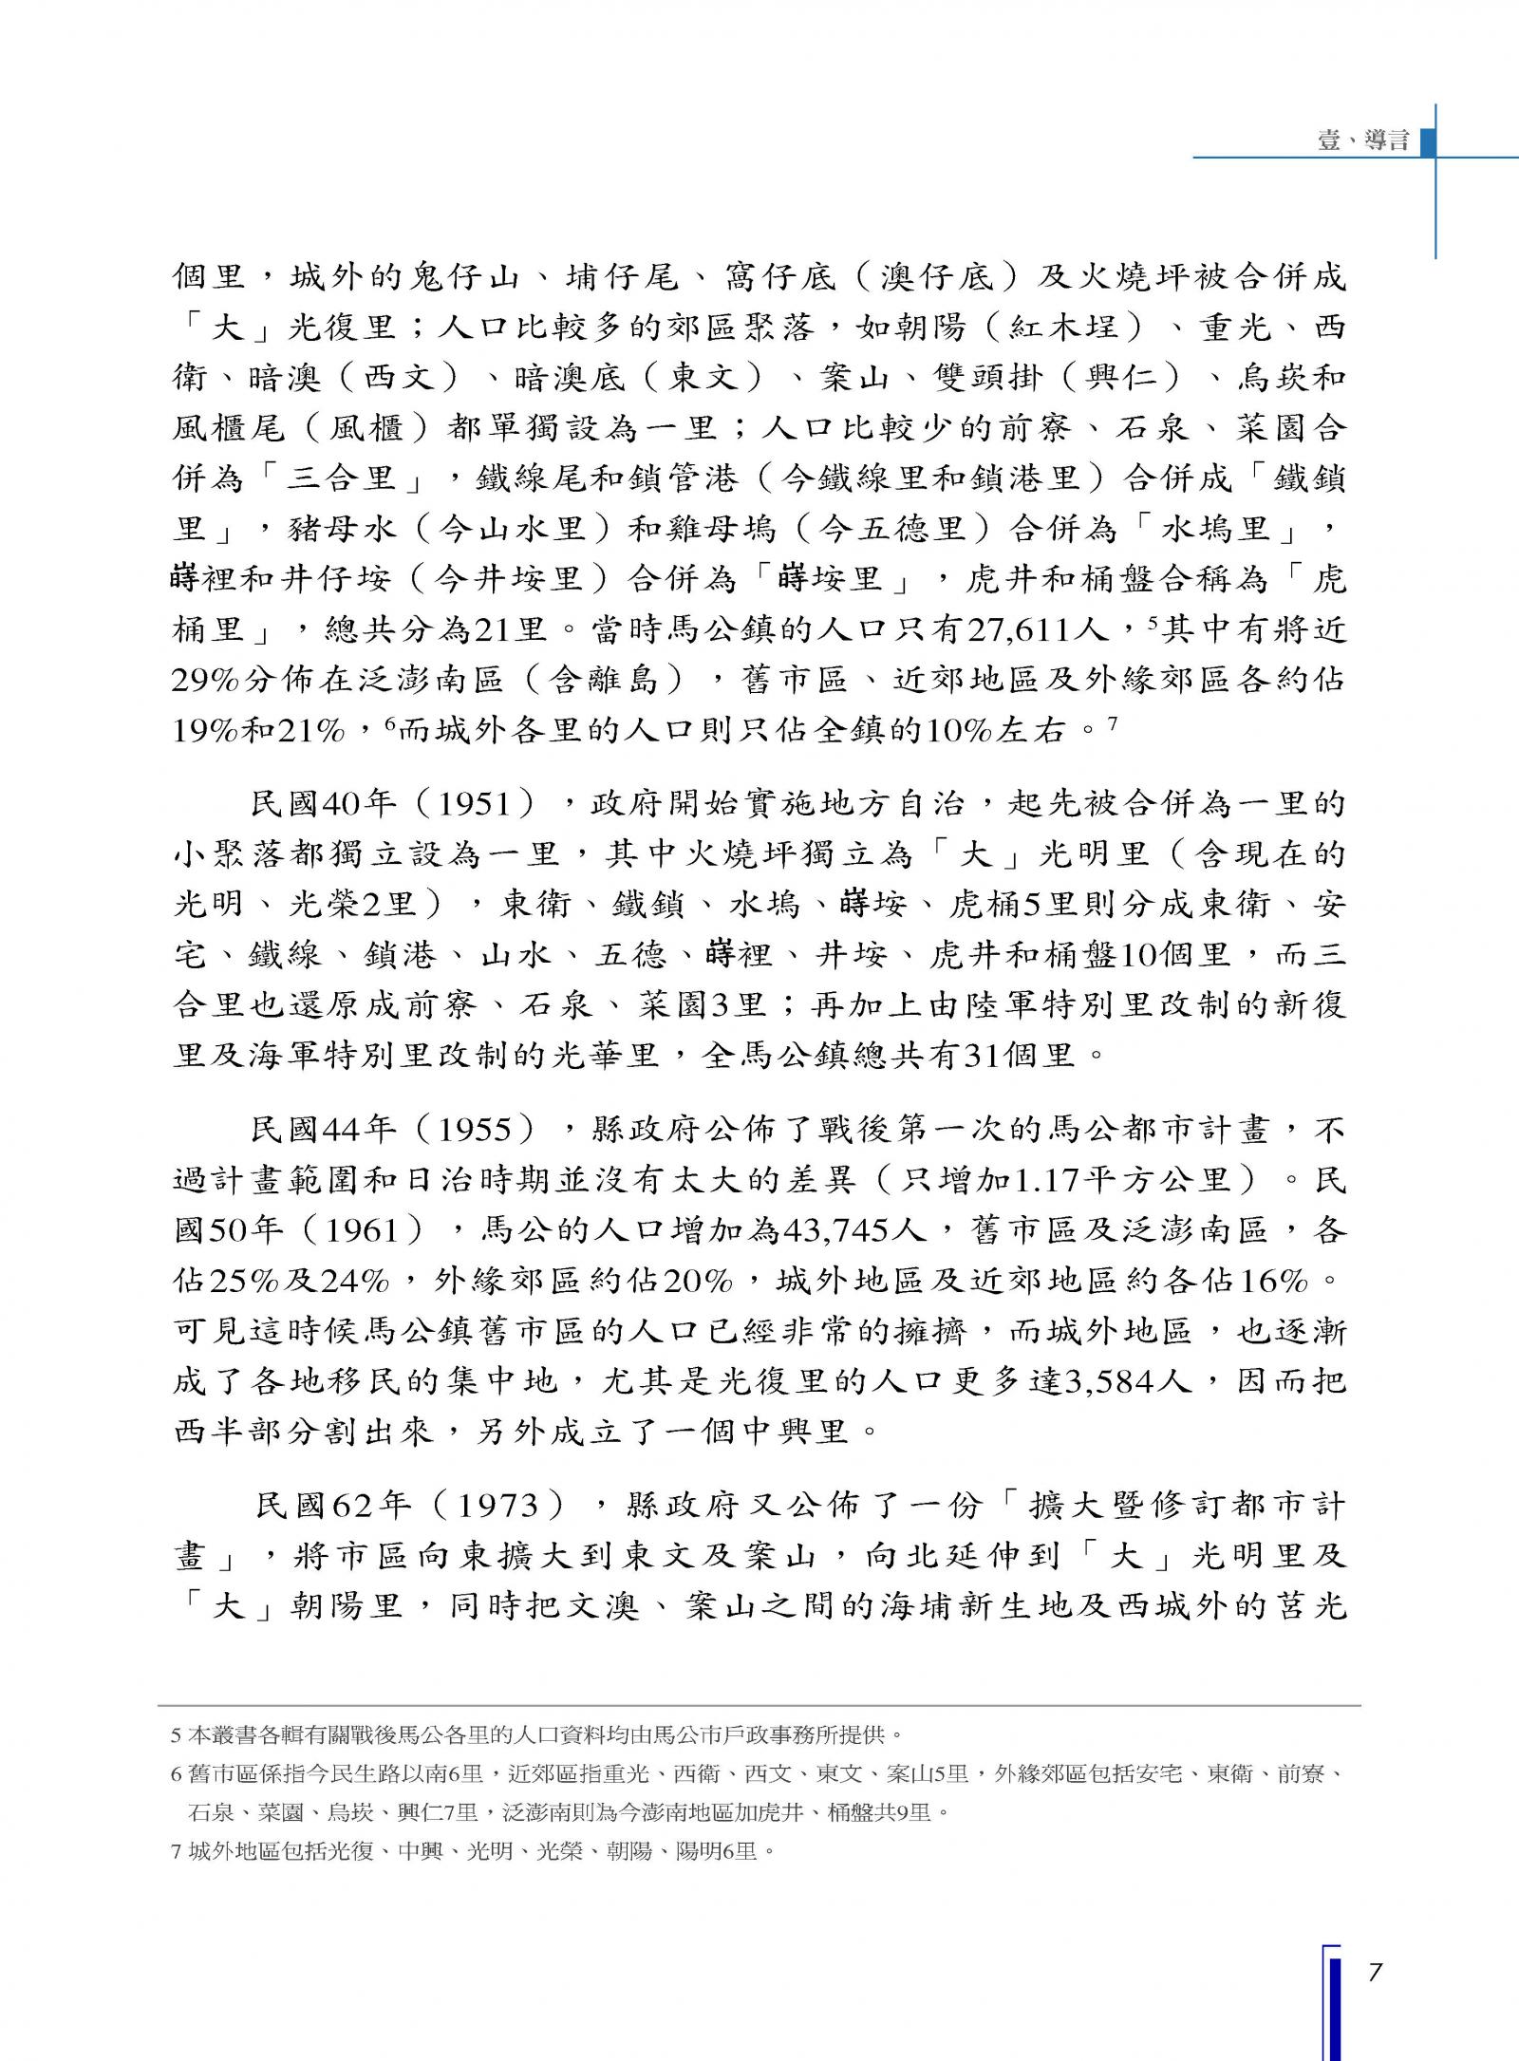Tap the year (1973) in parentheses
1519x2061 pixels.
[x=499, y=1506]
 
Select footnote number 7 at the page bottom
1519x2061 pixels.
[x=176, y=1850]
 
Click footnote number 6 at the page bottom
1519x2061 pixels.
[x=176, y=1773]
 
